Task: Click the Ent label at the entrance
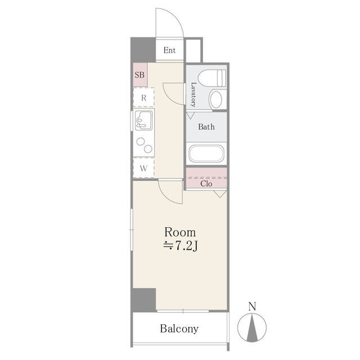[x=169, y=50]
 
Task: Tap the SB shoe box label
[x=139, y=75]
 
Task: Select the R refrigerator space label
[x=144, y=98]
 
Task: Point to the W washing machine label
[x=143, y=168]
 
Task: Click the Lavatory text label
[x=193, y=94]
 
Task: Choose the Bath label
[x=206, y=127]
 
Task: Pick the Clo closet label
[x=206, y=184]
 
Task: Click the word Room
[x=180, y=232]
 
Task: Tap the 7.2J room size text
[x=186, y=246]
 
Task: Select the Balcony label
[x=179, y=328]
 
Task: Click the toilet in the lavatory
[x=211, y=78]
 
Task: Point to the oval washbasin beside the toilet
[x=216, y=100]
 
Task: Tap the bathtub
[x=206, y=154]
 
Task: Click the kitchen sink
[x=144, y=120]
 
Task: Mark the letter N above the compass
[x=252, y=307]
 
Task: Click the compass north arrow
[x=252, y=327]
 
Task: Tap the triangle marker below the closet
[x=220, y=193]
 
